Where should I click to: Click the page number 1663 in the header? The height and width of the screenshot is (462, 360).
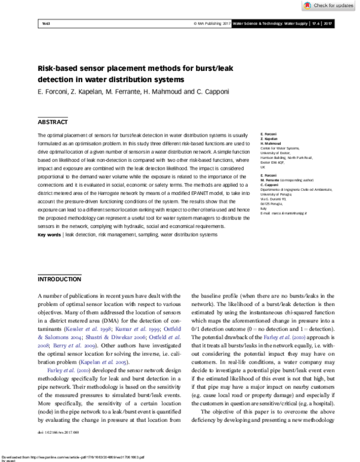click(x=46, y=23)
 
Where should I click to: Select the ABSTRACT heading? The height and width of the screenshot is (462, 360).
click(x=53, y=122)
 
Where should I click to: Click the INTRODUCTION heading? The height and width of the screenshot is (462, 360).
click(x=59, y=280)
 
